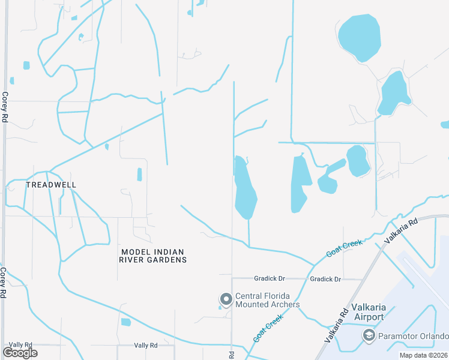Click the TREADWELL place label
[x=51, y=185]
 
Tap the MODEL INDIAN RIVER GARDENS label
[x=152, y=256]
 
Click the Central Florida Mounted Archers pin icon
[x=226, y=299]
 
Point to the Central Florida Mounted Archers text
[x=267, y=300]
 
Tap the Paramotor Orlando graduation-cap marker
[x=368, y=335]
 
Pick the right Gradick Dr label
[x=325, y=279]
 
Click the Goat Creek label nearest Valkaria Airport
[x=345, y=247]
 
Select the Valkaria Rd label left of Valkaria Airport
[x=337, y=326]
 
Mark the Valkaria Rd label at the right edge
[x=401, y=230]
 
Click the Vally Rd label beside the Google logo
[x=20, y=345]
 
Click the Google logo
[x=20, y=353]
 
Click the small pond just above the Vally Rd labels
[x=125, y=322]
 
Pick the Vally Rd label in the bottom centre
[x=145, y=346]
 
